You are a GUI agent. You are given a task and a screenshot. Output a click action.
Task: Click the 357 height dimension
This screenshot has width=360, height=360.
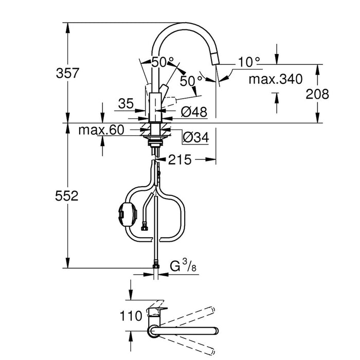coord(67,73)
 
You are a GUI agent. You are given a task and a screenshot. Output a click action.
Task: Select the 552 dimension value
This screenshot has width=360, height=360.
coord(67,196)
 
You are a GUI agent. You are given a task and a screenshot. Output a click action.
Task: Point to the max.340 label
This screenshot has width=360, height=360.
coord(275,79)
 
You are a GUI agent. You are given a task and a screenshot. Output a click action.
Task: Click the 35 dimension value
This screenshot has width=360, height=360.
coord(125,103)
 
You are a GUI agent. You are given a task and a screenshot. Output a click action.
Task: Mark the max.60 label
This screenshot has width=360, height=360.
coord(101,131)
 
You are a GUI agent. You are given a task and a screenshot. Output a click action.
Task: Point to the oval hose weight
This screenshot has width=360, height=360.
coord(125,212)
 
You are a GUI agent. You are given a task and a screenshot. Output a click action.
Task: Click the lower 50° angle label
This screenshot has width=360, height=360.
coord(191,81)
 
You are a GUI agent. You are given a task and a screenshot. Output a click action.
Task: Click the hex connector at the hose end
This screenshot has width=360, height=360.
coord(145,224)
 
